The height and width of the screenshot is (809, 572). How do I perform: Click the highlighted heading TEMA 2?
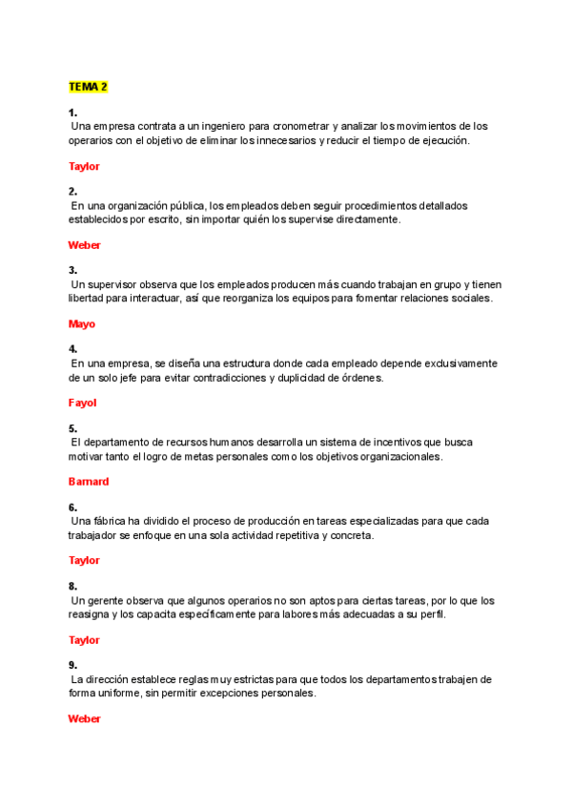(88, 87)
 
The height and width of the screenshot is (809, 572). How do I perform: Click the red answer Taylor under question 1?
(84, 166)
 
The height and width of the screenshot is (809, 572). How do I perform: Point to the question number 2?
(72, 191)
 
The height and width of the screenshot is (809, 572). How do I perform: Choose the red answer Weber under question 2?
(84, 245)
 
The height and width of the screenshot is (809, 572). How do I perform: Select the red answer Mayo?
(82, 324)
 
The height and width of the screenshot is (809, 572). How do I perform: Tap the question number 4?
(72, 349)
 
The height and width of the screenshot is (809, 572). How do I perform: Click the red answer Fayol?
(83, 403)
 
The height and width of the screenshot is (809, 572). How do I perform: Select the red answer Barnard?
(89, 482)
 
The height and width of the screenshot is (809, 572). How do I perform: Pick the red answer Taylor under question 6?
(84, 561)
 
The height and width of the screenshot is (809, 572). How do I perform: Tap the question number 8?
(72, 586)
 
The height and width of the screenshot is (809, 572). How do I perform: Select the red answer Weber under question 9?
(84, 719)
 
